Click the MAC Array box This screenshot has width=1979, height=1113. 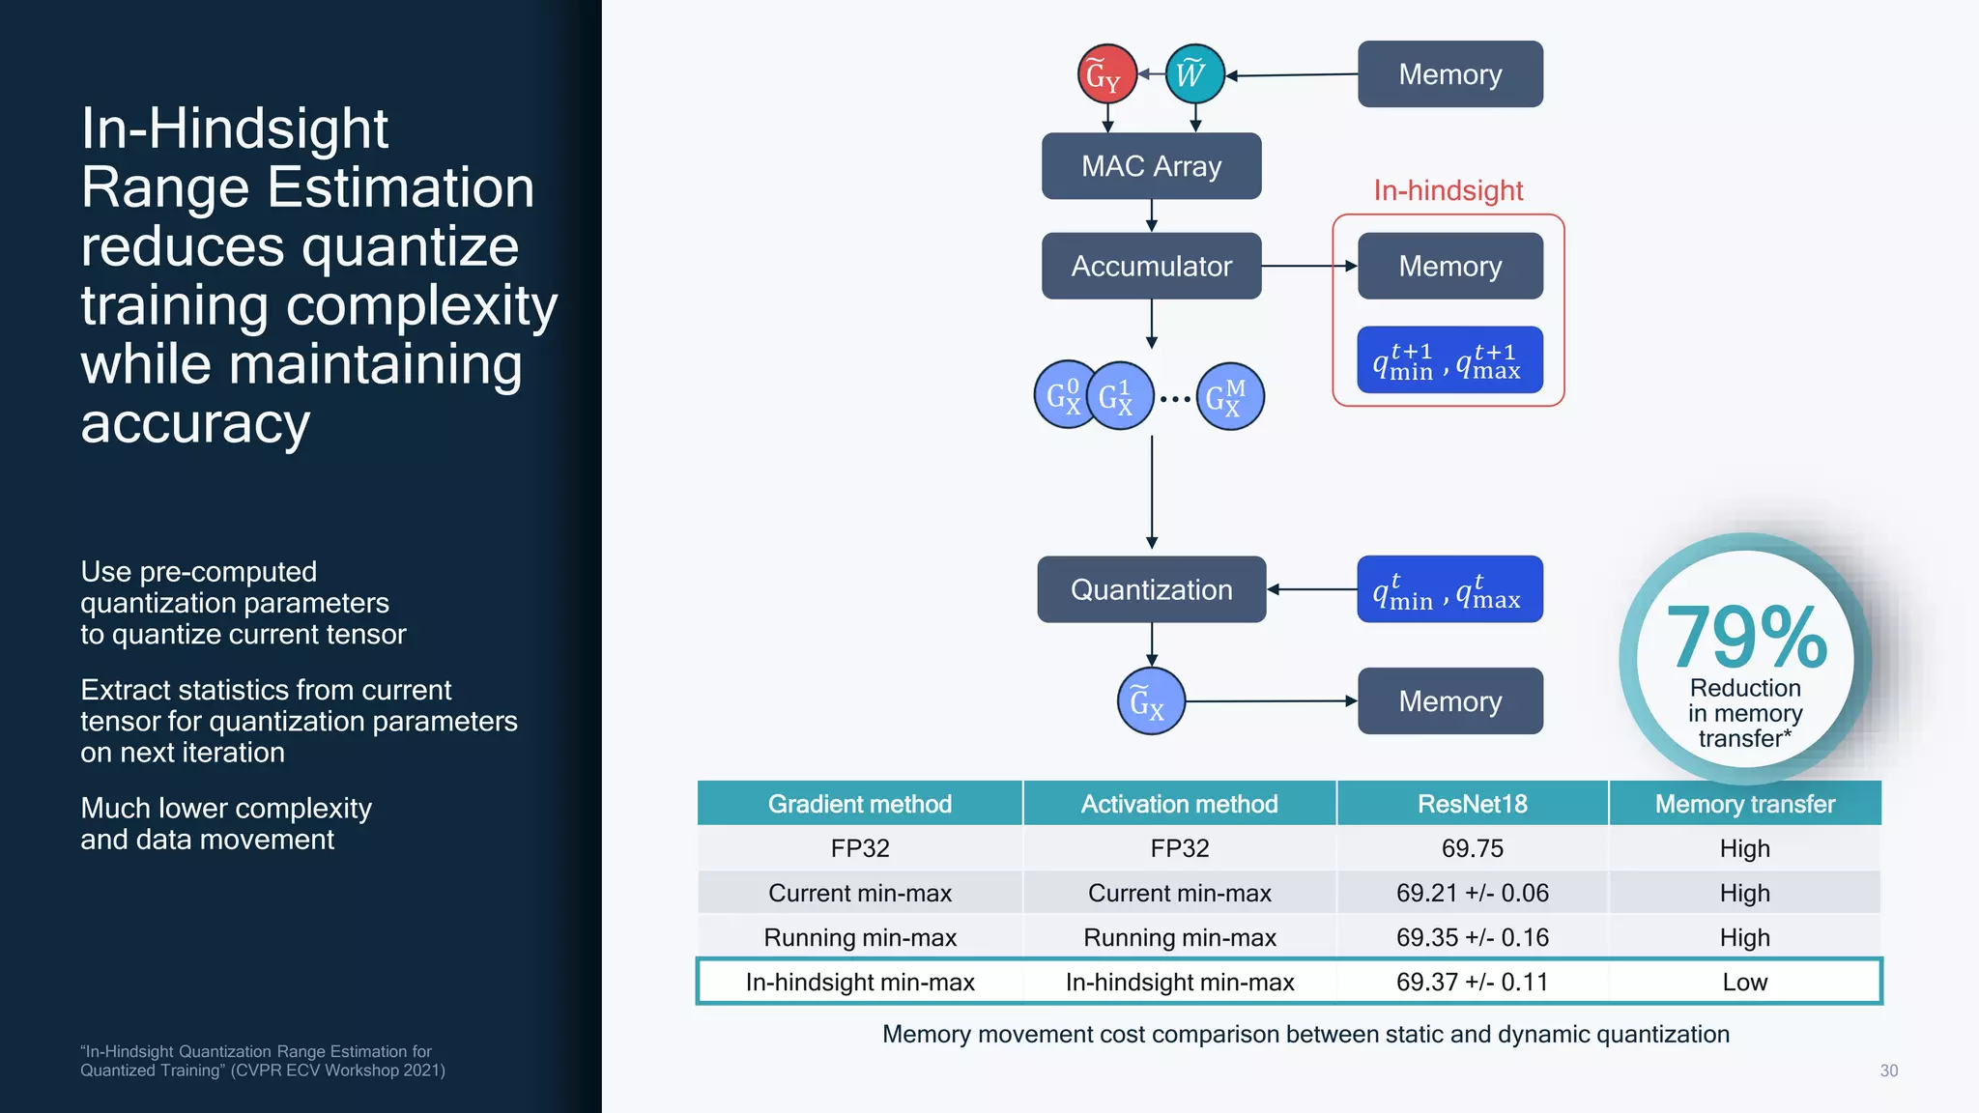pos(1151,166)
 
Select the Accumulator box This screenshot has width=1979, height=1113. pos(1151,266)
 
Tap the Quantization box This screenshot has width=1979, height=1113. pos(1151,589)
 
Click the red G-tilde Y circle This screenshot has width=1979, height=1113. pos(1106,73)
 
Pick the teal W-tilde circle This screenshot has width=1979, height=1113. pos(1194,73)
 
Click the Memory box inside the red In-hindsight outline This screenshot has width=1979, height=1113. pos(1449,266)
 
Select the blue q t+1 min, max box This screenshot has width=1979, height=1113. pos(1449,359)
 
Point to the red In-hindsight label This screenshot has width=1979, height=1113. pos(1448,190)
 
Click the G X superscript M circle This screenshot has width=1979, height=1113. pos(1230,396)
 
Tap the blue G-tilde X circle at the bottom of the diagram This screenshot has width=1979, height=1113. pos(1150,701)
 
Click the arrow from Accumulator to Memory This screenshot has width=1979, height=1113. pos(1308,266)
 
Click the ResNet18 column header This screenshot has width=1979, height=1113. pos(1472,804)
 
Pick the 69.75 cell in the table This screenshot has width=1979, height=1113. pos(1472,848)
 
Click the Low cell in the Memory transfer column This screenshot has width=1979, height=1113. pos(1744,982)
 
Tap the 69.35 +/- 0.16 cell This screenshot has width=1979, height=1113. pos(1472,937)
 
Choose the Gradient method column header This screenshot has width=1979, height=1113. pos(859,804)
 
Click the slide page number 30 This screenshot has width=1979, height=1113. pos(1888,1070)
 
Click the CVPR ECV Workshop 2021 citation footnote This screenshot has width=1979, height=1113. pos(262,1061)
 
